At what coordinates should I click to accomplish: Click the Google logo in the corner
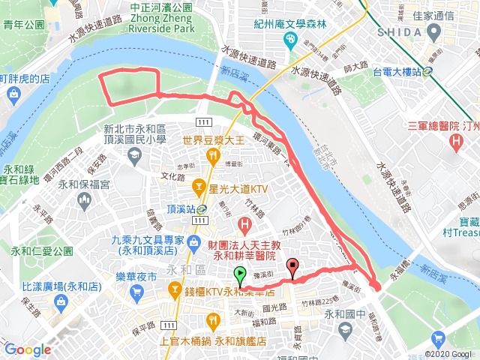coord(27,349)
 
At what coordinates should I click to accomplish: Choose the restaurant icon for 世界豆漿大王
coord(214,156)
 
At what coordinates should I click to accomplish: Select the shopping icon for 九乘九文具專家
coord(194,241)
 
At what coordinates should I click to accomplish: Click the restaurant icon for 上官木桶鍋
coord(214,321)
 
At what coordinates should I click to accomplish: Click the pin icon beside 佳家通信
coord(433,31)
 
